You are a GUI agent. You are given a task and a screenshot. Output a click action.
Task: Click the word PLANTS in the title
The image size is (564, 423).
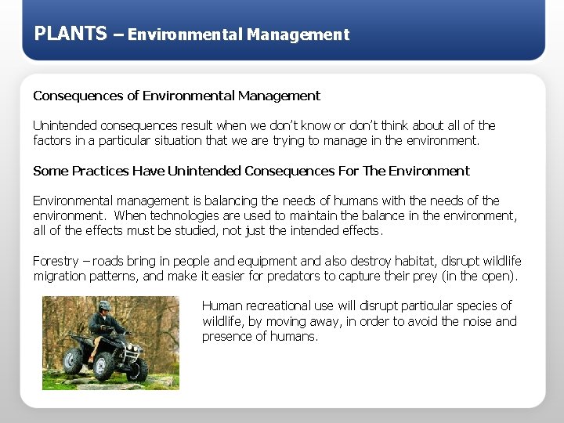(70, 34)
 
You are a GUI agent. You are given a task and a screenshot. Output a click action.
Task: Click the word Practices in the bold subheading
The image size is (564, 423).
(100, 171)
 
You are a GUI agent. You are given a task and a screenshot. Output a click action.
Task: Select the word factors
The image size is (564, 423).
(52, 141)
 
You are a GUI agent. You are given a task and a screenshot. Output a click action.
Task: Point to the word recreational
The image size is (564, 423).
(282, 305)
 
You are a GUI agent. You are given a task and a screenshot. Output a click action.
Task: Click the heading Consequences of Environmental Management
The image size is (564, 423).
(176, 96)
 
